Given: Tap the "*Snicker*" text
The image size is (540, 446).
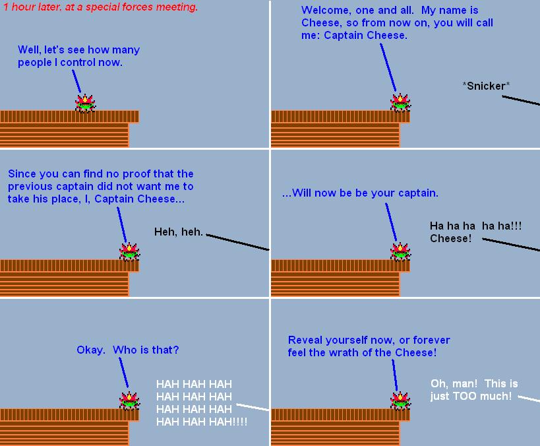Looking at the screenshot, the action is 486,86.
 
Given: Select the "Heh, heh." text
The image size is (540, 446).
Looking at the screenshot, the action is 179,232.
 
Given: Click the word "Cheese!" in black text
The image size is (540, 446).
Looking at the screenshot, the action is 450,238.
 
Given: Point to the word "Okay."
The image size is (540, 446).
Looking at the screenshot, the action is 91,350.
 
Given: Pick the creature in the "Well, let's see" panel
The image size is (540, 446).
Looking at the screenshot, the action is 85,103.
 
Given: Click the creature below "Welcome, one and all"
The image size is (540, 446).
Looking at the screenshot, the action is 400,102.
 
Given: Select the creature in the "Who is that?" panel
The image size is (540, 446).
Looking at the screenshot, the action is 129,401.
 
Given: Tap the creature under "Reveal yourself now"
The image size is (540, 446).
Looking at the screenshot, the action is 400,401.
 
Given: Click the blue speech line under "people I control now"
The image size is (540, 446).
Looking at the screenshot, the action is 76,81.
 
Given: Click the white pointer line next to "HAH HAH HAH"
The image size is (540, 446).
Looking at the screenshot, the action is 253,407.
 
